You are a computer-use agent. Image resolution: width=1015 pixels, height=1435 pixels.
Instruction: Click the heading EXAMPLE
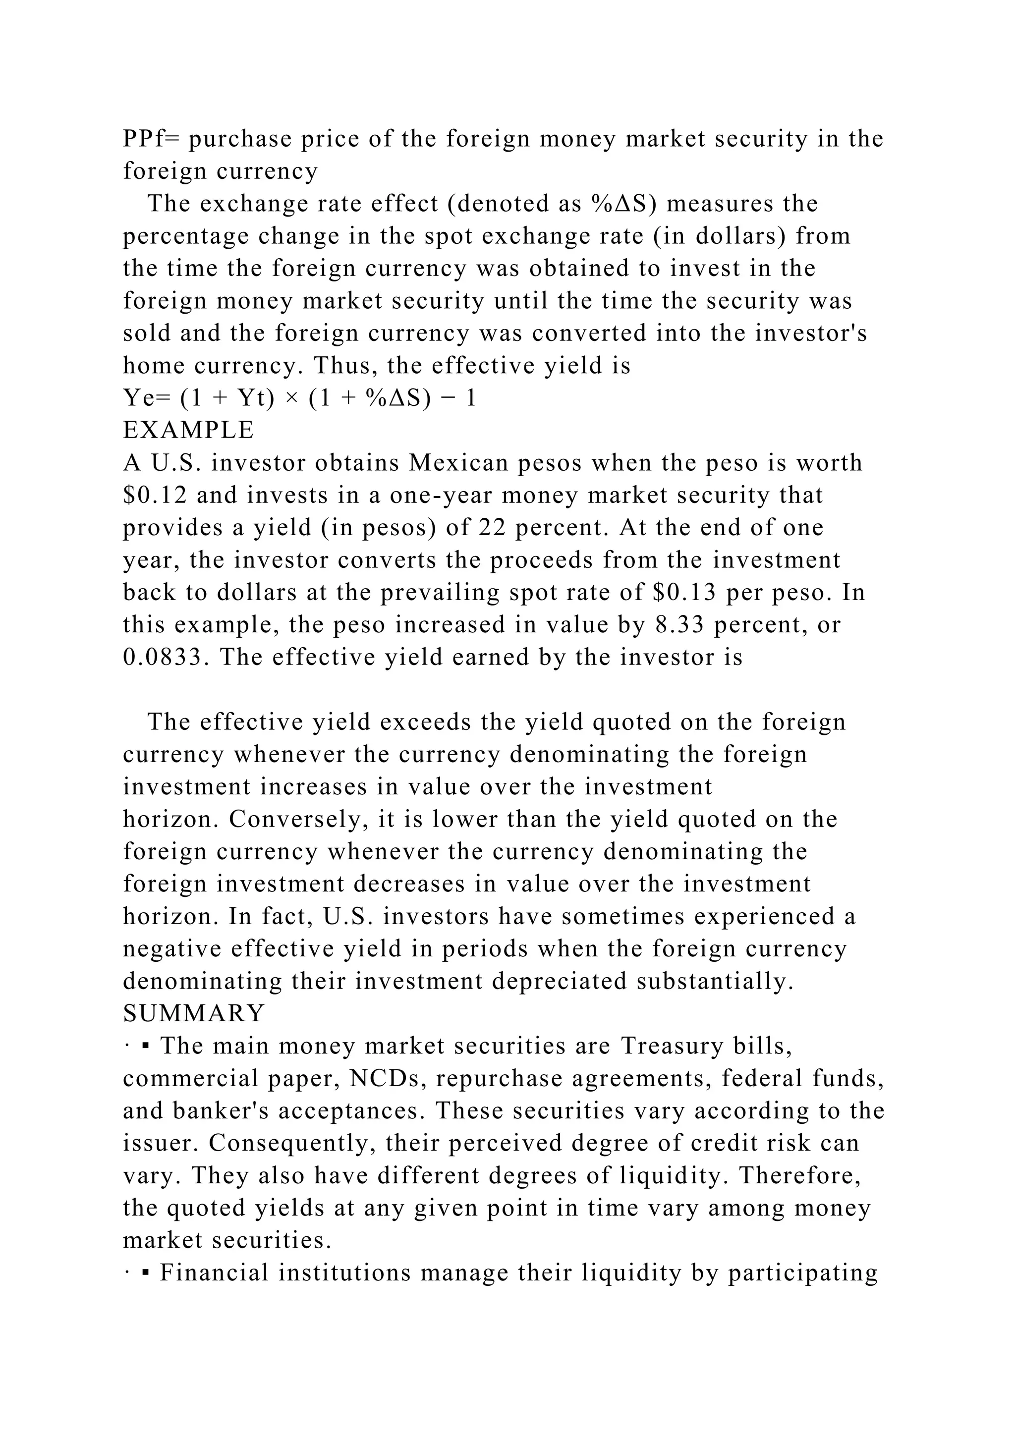point(188,431)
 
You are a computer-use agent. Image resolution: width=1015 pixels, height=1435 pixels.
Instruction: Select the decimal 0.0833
point(164,658)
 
